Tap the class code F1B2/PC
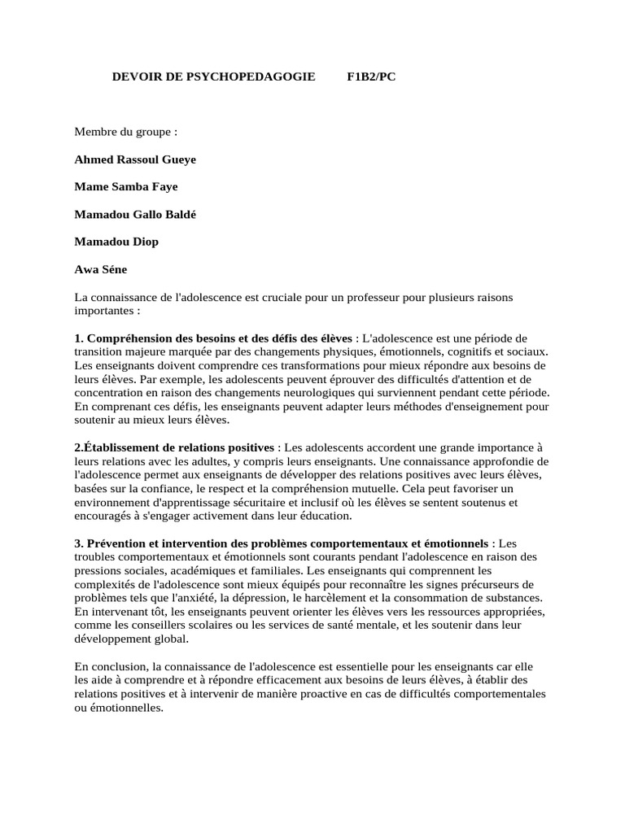click(x=371, y=76)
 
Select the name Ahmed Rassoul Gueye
click(x=135, y=159)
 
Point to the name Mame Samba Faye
click(x=126, y=186)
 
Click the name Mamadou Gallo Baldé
click(x=135, y=214)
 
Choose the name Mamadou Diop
click(x=116, y=242)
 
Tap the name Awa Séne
click(x=101, y=269)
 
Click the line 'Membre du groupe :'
click(x=126, y=131)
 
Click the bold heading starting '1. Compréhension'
click(x=213, y=338)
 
